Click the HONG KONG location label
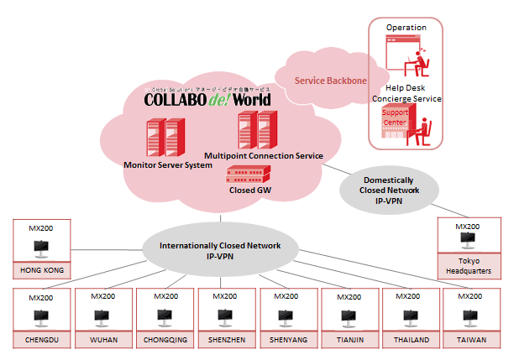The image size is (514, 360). tap(41, 271)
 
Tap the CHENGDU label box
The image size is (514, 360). tap(41, 341)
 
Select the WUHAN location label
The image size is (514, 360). tap(103, 341)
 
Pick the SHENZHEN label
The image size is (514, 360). tap(227, 341)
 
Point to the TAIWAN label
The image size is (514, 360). tap(474, 341)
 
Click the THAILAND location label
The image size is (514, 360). tap(412, 341)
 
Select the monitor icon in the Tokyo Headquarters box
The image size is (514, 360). tap(467, 241)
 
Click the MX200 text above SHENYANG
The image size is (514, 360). tap(288, 296)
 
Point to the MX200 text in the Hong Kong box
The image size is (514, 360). tap(41, 227)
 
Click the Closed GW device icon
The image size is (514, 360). tap(249, 175)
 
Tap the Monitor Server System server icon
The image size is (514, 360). tap(164, 137)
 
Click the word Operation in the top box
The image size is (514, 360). tap(406, 28)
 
